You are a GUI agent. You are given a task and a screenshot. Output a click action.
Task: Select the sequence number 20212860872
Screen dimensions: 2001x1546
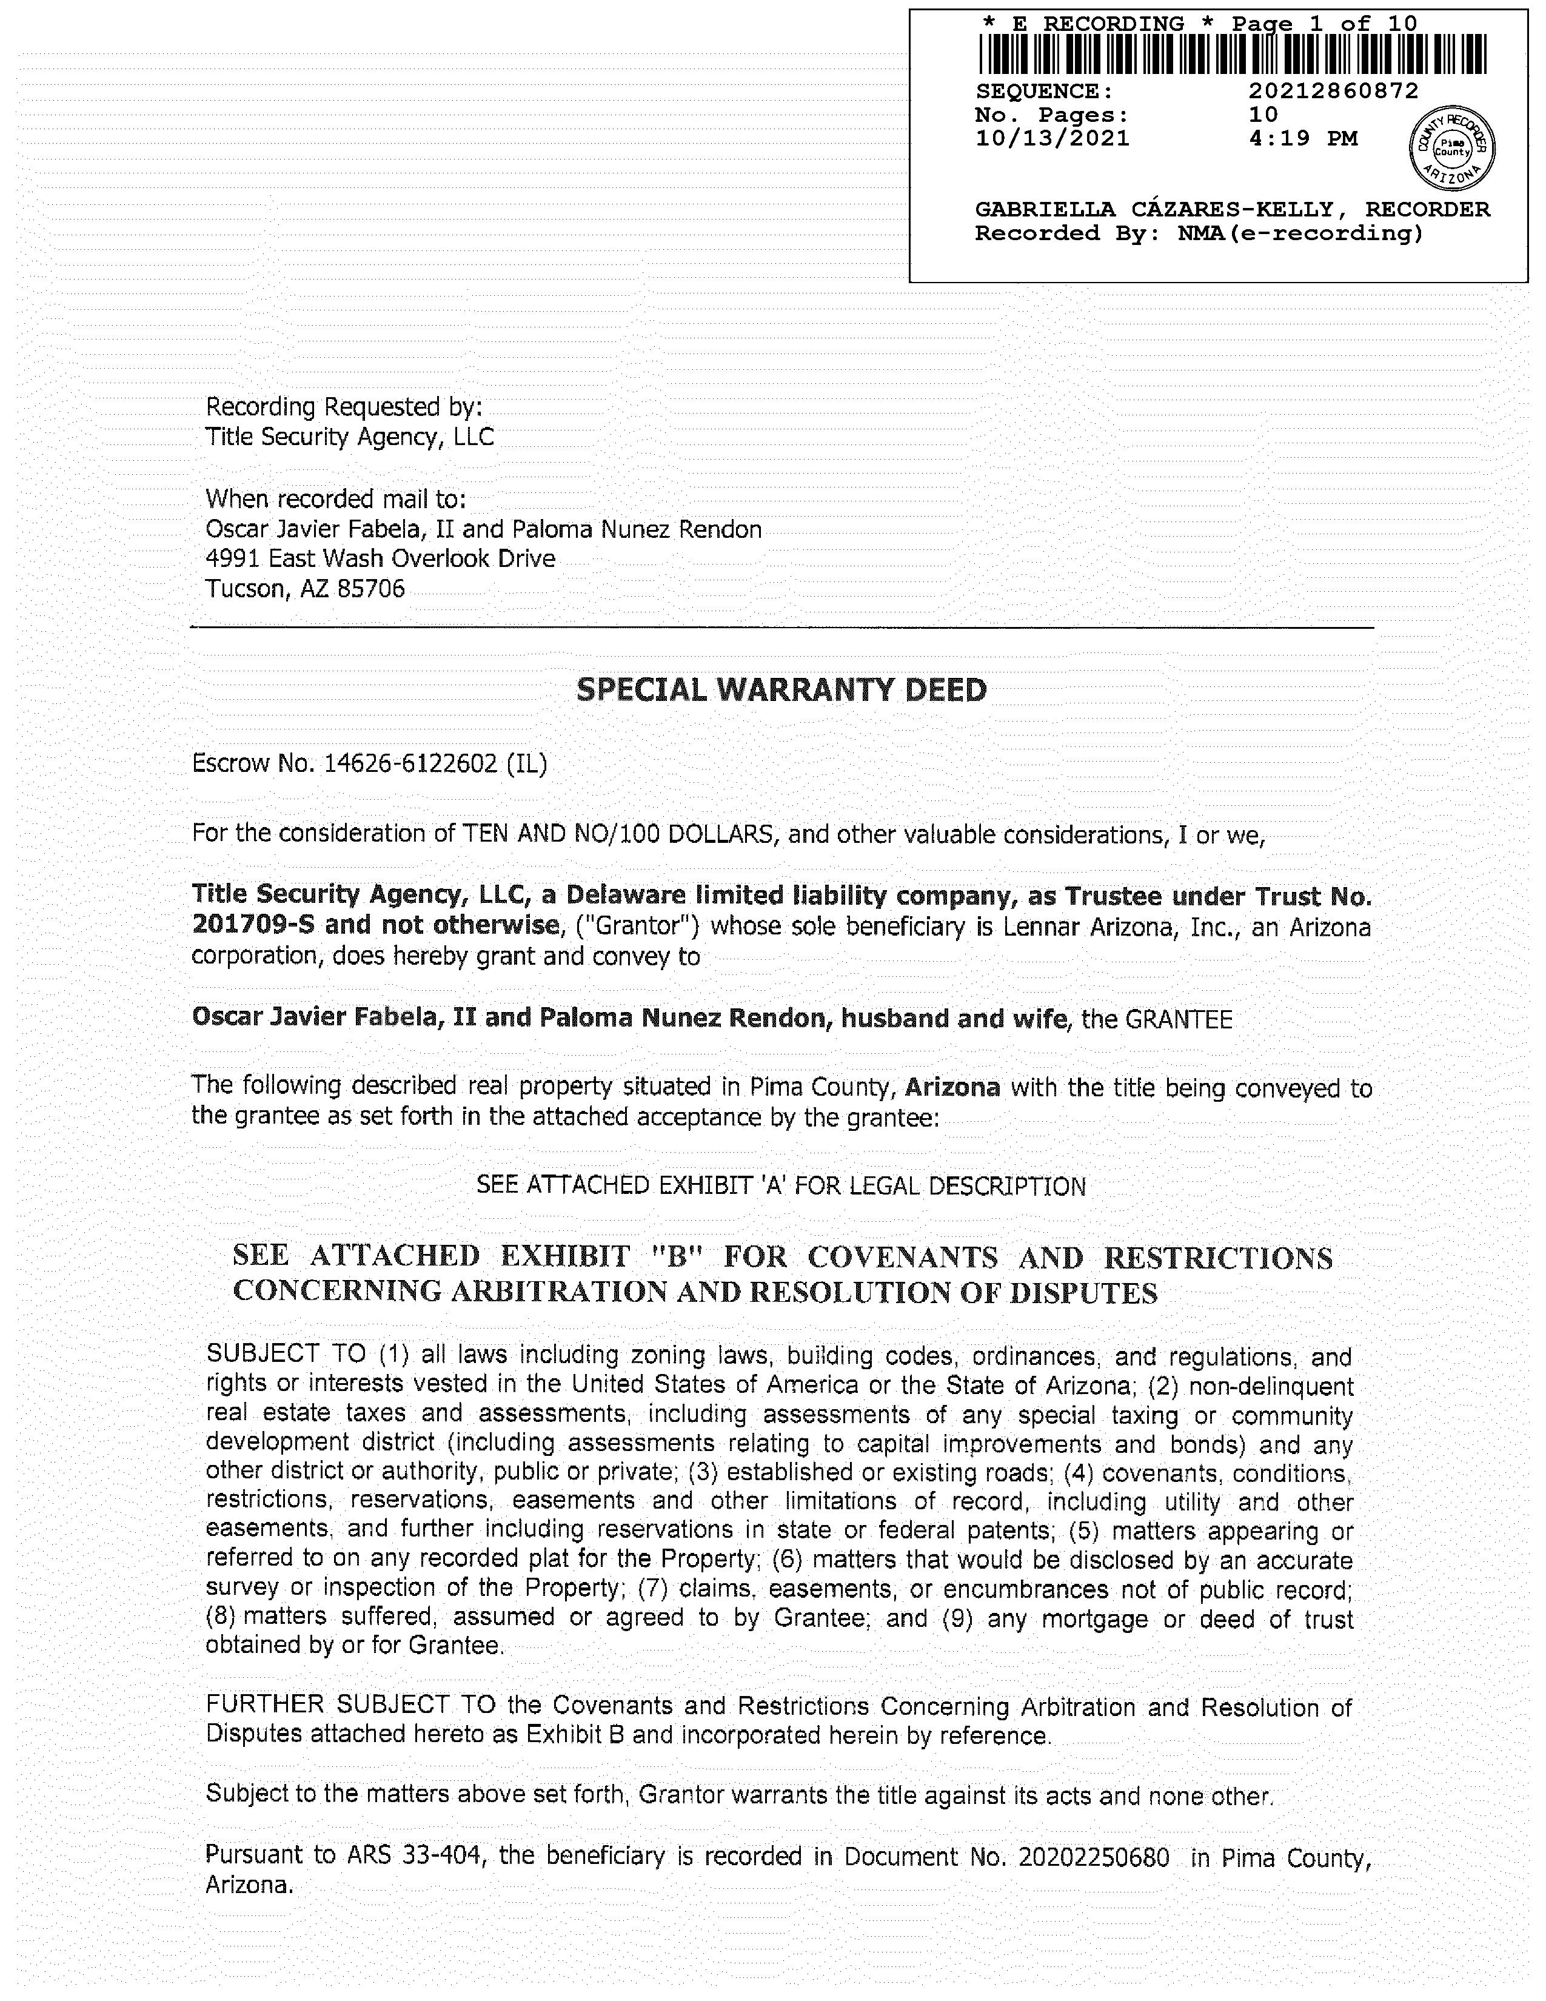tap(1333, 91)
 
